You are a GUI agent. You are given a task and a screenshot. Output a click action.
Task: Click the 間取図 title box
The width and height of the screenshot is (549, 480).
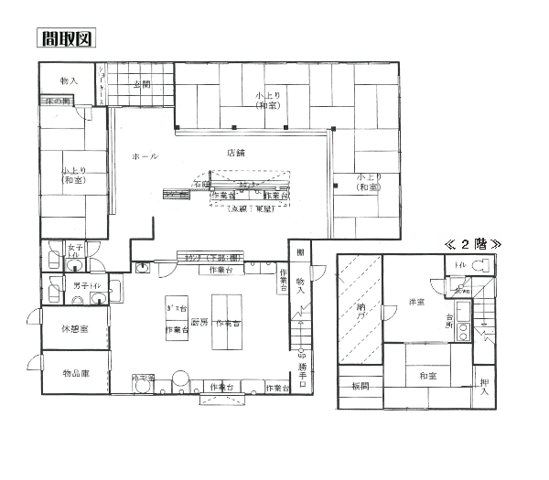tap(66, 38)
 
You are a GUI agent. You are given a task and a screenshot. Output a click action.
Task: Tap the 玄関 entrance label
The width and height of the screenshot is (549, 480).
tap(142, 84)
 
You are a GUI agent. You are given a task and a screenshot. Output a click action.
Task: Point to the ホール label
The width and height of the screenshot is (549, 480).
tap(145, 156)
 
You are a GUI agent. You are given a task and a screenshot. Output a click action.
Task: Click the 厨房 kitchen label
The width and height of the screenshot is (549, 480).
tap(199, 323)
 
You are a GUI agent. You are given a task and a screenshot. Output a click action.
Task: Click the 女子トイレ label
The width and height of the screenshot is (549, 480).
tap(76, 251)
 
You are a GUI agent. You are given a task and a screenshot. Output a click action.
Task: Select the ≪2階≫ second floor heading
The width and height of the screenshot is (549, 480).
tap(475, 244)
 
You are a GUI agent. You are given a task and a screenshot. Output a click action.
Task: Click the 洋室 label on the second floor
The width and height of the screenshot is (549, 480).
tap(419, 301)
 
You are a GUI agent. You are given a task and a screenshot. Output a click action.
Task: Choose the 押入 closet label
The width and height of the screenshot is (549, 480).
tap(484, 387)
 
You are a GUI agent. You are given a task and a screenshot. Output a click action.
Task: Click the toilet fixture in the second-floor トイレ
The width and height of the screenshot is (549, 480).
tap(485, 266)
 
